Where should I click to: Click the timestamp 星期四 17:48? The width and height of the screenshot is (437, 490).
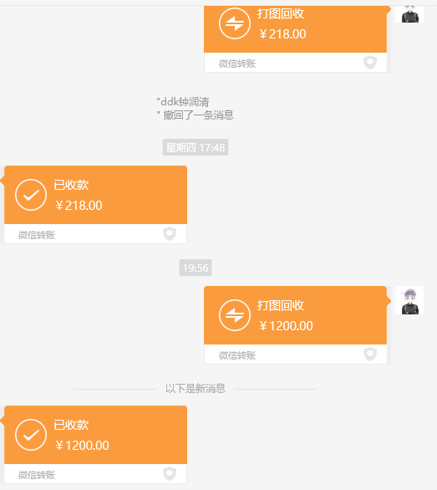click(196, 147)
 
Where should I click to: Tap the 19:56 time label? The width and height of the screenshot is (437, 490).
click(196, 268)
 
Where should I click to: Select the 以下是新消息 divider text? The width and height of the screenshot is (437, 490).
click(196, 389)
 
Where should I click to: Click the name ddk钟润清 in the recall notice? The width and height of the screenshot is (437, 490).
click(184, 101)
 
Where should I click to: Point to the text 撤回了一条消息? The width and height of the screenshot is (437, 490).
click(198, 115)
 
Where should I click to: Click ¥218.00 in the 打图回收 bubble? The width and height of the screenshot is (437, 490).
click(282, 34)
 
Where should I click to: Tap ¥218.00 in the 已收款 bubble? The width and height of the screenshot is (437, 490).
click(79, 206)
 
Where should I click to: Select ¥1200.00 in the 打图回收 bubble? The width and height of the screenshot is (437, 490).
click(286, 326)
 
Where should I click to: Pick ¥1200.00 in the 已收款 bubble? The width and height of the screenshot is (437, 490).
click(82, 446)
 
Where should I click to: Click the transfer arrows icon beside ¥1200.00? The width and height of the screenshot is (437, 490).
click(235, 315)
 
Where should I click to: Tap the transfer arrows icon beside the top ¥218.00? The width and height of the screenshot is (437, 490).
click(235, 23)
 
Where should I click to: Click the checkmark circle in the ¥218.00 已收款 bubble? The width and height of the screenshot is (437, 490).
click(31, 195)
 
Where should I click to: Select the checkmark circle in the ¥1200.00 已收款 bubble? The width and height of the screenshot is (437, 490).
click(31, 435)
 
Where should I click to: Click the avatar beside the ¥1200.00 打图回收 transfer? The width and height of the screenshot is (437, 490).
click(409, 300)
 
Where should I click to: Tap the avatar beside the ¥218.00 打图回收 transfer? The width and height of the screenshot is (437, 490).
click(409, 13)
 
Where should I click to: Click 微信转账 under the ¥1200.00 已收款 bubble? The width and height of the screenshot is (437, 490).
click(37, 475)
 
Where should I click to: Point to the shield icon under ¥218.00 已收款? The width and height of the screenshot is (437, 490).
click(170, 234)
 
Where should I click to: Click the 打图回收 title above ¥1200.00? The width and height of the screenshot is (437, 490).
click(281, 305)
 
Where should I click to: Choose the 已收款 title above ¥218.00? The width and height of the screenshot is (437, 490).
click(72, 185)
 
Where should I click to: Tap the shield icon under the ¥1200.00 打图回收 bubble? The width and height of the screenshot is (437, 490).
click(370, 354)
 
